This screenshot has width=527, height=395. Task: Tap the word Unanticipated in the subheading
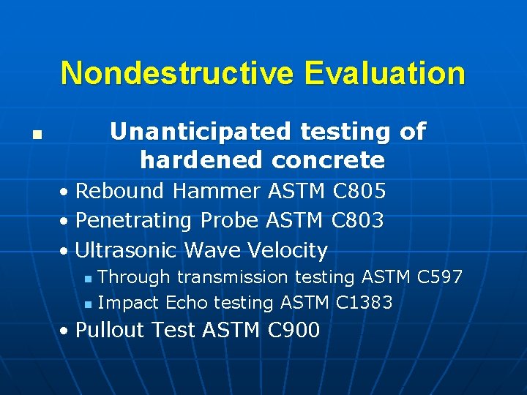pyautogui.click(x=199, y=132)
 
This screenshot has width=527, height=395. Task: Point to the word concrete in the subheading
pyautogui.click(x=328, y=159)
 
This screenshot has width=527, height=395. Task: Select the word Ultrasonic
pyautogui.click(x=126, y=250)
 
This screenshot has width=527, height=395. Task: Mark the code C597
pyautogui.click(x=439, y=277)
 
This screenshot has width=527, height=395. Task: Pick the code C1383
pyautogui.click(x=364, y=302)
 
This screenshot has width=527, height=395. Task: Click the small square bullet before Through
pyautogui.click(x=88, y=279)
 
